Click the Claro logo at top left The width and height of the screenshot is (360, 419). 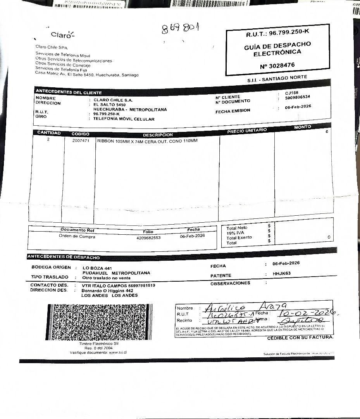point(62,35)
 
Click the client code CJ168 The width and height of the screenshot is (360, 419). point(291,93)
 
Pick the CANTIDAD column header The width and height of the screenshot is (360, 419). point(49,133)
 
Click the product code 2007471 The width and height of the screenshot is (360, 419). point(81,141)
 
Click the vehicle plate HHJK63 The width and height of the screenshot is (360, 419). point(281,274)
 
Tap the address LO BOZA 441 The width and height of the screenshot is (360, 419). point(97,268)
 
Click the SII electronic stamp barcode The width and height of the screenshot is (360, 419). point(97,322)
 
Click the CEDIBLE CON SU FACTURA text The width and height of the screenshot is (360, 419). point(300,338)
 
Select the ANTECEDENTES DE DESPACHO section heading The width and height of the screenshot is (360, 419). point(64,257)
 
